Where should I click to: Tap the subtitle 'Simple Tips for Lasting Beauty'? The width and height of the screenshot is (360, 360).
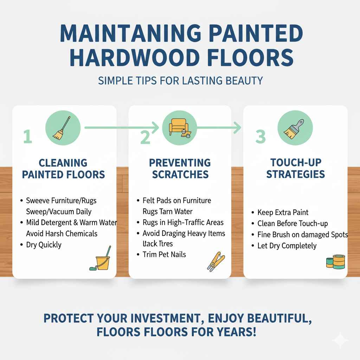(180, 80)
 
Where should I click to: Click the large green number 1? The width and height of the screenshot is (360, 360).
(27, 136)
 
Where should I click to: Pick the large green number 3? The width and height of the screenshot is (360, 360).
(261, 137)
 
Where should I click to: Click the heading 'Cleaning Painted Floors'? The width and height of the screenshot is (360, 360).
(63, 168)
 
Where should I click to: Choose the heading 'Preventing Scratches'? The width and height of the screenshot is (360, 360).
(180, 168)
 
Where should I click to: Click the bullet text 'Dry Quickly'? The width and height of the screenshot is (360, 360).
(44, 245)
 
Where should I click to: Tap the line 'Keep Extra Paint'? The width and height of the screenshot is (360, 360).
(283, 212)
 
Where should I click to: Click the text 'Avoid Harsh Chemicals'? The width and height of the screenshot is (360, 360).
(62, 233)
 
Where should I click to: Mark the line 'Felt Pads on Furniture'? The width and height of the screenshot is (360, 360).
(177, 201)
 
